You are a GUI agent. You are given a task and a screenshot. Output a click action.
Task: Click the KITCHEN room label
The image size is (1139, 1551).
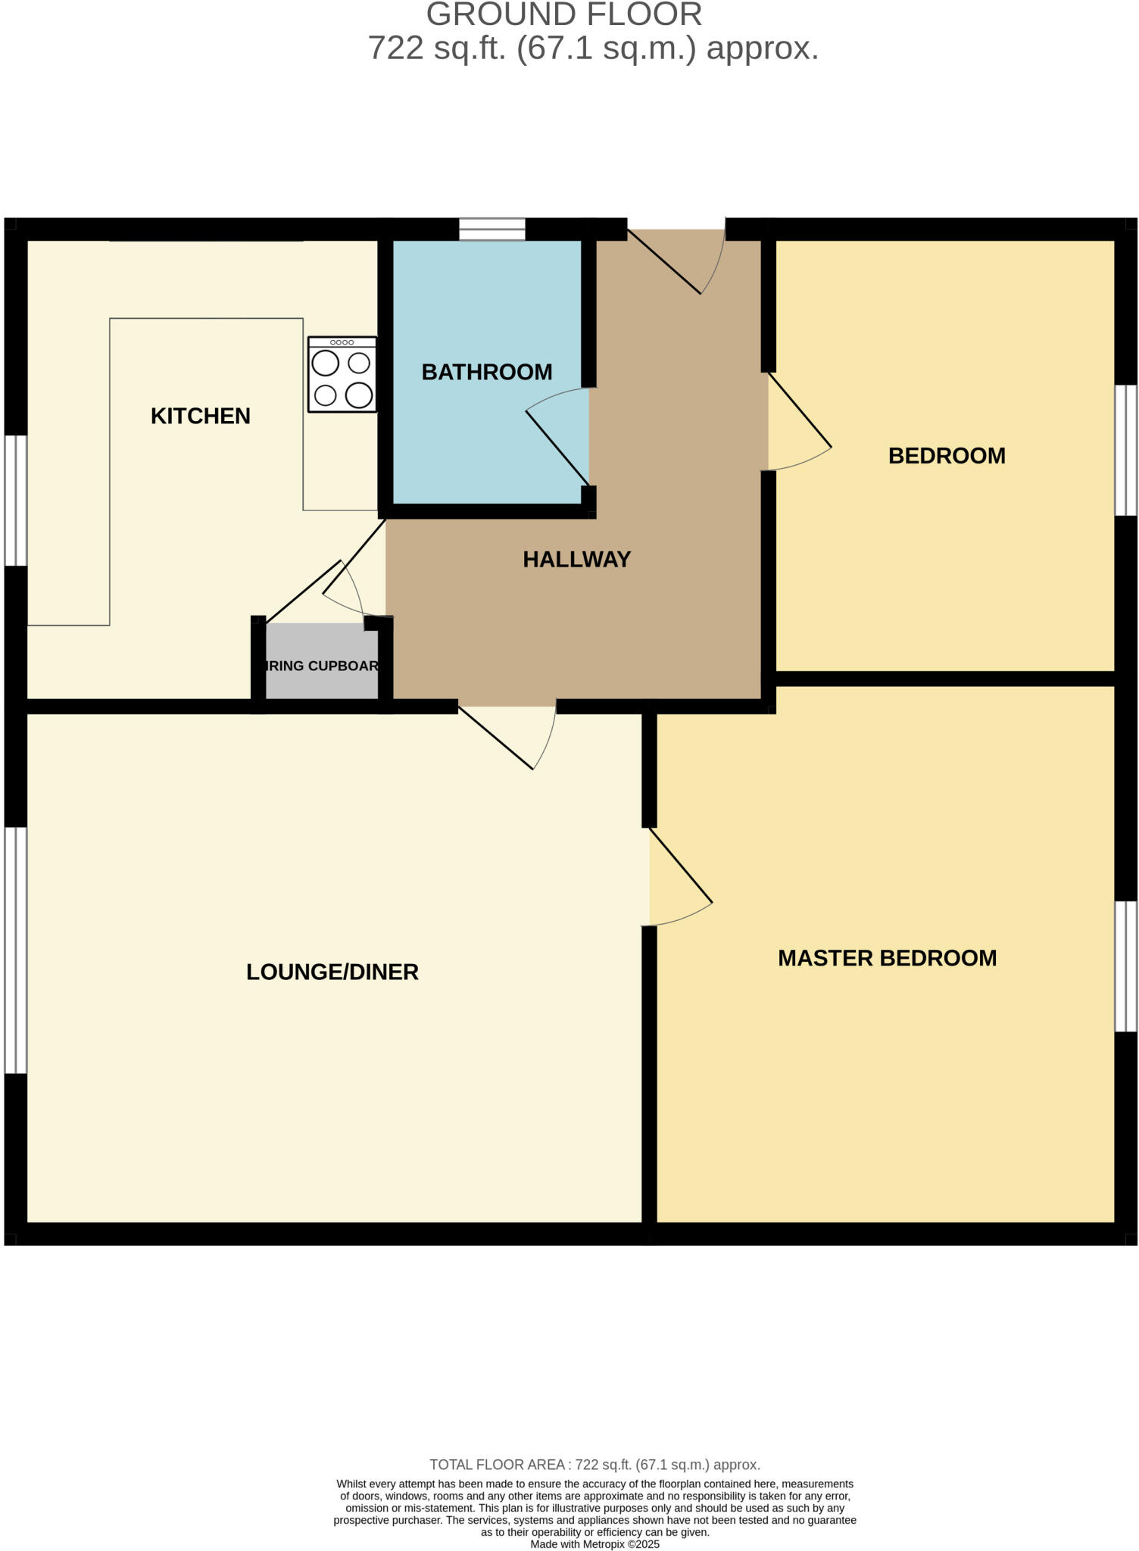(200, 416)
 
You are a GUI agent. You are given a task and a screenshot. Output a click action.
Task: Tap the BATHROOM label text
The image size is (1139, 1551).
(486, 372)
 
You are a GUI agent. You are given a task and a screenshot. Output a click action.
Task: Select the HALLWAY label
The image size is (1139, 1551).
(576, 559)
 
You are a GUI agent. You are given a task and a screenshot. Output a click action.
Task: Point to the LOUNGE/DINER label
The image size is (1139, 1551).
(332, 972)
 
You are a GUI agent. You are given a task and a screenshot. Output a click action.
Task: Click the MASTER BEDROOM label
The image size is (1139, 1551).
(887, 958)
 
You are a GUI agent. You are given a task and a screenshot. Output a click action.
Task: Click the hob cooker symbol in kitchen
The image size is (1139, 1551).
(342, 375)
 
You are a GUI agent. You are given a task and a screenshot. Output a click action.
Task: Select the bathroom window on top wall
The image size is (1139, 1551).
(492, 229)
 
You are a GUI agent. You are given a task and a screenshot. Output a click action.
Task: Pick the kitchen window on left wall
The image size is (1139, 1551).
(16, 500)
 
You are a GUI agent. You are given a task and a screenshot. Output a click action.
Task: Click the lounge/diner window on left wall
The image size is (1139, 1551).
(16, 950)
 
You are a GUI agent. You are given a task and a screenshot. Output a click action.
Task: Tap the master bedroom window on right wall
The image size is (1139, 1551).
(1125, 966)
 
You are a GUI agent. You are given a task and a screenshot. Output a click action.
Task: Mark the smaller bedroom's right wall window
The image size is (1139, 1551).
(1125, 450)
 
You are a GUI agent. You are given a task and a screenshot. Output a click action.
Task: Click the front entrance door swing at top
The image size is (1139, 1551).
(682, 261)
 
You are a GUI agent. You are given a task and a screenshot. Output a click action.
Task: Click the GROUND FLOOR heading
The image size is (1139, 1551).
(564, 15)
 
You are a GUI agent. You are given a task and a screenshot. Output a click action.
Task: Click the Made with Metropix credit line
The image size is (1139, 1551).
(594, 1544)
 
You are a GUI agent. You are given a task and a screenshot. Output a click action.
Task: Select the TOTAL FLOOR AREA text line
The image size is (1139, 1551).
(594, 1465)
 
